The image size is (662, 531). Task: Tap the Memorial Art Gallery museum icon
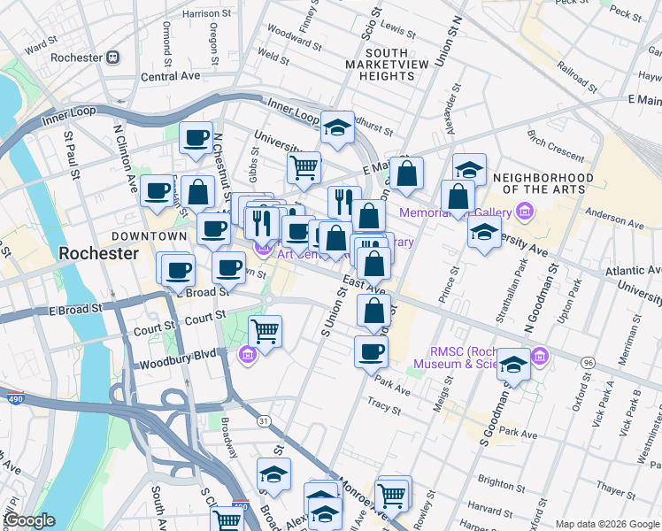point(526,212)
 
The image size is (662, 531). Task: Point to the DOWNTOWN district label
point(149,236)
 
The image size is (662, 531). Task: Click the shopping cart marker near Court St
point(266,333)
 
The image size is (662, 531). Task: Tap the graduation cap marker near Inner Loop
point(337,127)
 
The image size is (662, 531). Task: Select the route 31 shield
point(262,420)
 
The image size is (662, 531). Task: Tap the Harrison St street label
point(206,14)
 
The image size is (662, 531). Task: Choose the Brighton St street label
point(501,485)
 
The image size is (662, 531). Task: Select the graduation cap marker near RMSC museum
point(513,365)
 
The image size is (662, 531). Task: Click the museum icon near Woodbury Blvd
point(248,356)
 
